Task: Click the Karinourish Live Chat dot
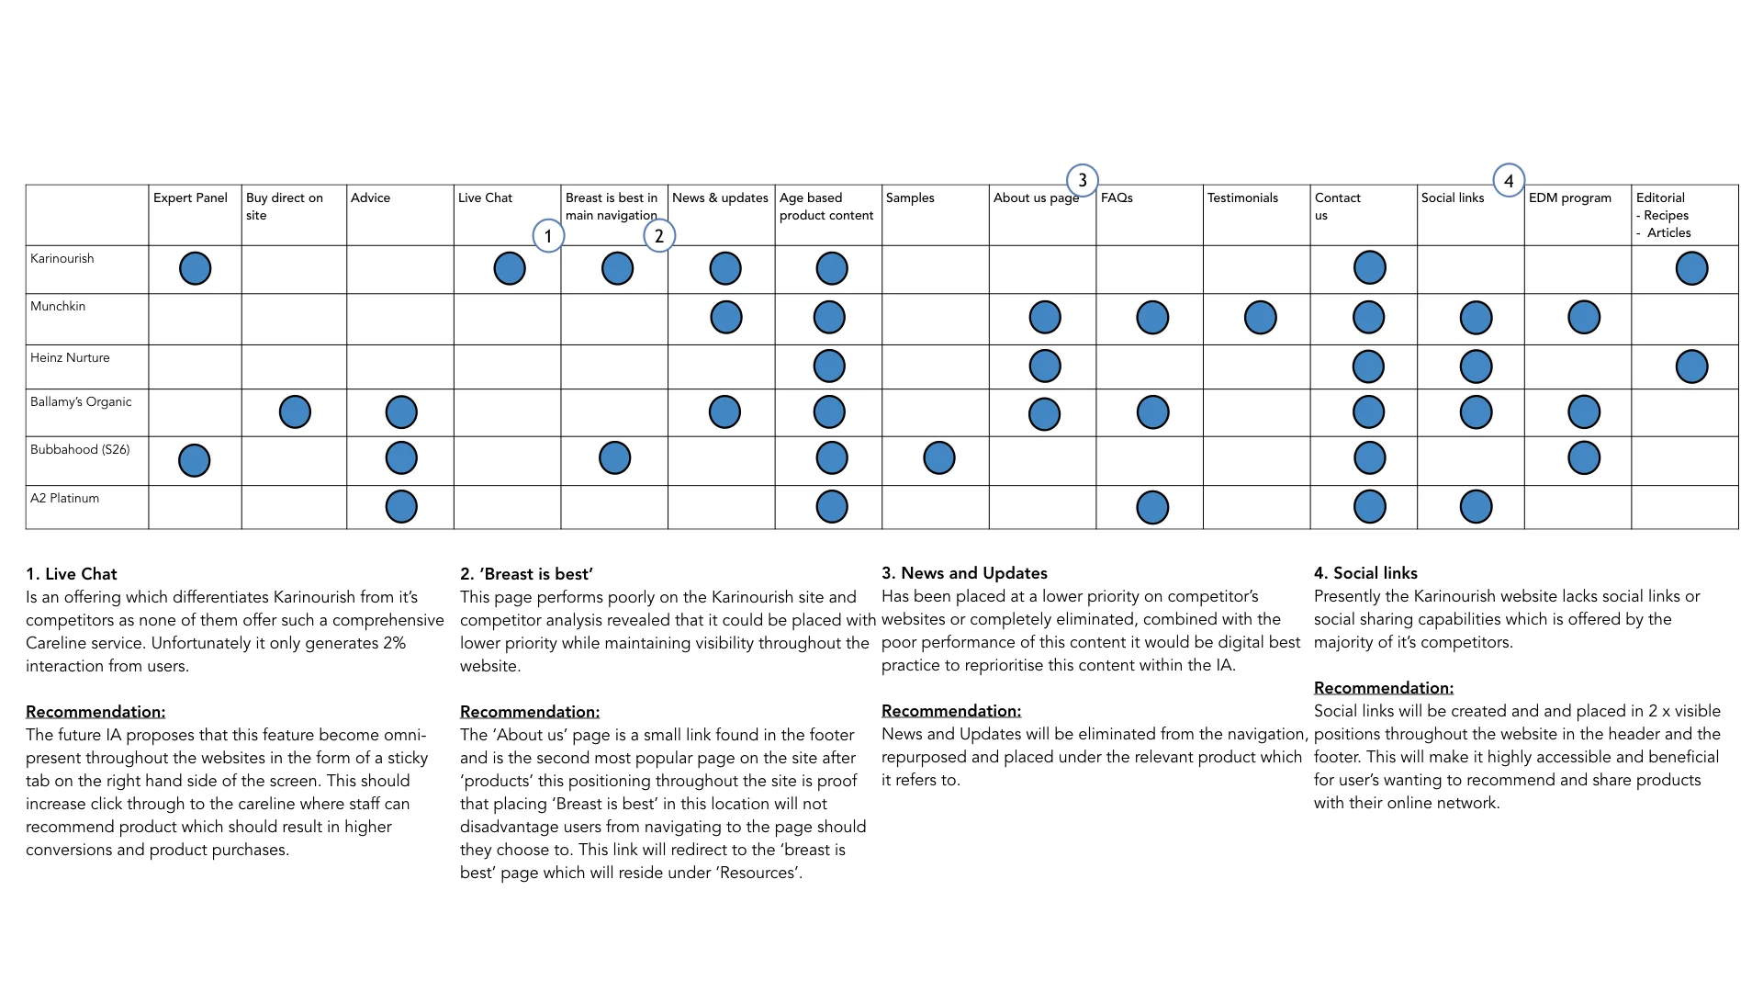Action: (x=510, y=268)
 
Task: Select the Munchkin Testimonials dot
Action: (x=1260, y=317)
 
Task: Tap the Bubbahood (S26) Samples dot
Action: (x=938, y=457)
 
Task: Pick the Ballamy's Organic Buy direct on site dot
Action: (x=295, y=411)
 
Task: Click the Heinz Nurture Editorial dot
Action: (x=1691, y=366)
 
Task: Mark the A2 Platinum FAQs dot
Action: (x=1152, y=507)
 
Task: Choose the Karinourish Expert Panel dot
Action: (x=195, y=268)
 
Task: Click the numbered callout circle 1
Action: (x=548, y=236)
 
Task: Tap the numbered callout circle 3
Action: (x=1083, y=180)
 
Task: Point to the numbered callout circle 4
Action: (x=1509, y=181)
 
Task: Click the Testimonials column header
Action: (x=1242, y=197)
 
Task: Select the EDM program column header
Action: (x=1569, y=197)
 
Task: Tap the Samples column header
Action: (x=910, y=197)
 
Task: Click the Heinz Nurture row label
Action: (x=70, y=357)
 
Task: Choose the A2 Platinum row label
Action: (x=64, y=498)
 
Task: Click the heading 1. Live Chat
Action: (x=72, y=574)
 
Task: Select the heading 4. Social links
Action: (x=1365, y=573)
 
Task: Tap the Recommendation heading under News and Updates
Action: (x=950, y=711)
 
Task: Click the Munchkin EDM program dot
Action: (x=1584, y=317)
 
